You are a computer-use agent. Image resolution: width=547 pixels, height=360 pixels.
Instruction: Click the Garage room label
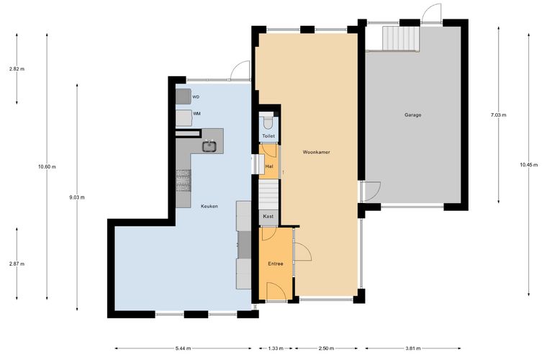412,114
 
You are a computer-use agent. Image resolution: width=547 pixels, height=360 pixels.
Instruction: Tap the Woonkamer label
316,152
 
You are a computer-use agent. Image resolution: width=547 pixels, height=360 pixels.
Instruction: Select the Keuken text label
209,206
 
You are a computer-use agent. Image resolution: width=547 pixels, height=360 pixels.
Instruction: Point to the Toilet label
268,136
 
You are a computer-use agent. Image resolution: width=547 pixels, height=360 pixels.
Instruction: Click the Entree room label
275,264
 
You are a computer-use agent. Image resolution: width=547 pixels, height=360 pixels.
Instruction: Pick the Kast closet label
268,216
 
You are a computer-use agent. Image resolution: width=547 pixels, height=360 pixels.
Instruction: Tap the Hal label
269,167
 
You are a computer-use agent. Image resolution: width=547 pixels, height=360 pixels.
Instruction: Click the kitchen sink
209,146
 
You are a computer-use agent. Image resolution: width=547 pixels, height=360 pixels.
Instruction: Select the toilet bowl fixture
268,122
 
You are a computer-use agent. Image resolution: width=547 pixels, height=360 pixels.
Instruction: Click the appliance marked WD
183,96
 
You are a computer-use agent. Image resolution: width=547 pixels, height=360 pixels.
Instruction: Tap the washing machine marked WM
184,118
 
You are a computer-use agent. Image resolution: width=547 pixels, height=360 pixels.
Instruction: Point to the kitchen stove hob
183,181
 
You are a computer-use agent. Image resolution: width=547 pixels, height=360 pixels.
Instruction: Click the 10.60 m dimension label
47,167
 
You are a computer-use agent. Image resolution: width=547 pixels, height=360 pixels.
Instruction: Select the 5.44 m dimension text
183,348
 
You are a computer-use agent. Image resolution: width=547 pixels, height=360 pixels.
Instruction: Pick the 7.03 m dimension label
499,114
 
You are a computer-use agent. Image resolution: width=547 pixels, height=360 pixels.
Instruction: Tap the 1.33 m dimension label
276,348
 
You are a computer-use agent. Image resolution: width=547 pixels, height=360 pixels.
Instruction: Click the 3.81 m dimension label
413,348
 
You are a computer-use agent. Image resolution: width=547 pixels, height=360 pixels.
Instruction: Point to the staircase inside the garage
401,38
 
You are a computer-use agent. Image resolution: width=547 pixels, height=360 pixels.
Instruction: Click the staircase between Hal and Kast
268,194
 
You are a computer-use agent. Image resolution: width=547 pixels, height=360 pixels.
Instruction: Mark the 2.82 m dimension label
17,69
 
